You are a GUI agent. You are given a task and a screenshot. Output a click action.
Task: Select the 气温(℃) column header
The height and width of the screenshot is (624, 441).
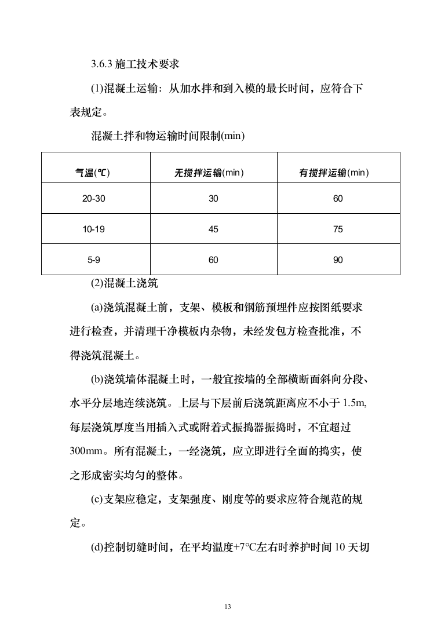point(93,173)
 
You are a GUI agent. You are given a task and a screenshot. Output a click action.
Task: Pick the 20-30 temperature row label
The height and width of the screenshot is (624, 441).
point(93,199)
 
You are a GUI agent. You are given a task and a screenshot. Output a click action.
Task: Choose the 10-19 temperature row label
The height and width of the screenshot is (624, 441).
point(93,229)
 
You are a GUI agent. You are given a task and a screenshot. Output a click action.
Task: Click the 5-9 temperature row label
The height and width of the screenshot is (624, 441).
point(93,260)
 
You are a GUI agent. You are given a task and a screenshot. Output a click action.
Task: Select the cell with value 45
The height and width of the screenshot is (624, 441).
point(213,229)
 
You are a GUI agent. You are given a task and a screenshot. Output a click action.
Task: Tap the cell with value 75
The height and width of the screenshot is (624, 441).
point(338,229)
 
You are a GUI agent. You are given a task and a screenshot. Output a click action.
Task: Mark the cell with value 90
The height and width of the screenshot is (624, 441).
point(338,260)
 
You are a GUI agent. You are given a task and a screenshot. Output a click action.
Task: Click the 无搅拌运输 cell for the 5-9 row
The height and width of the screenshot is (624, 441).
point(213,260)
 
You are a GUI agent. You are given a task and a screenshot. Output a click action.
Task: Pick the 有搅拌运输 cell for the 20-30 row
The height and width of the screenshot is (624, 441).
point(338,199)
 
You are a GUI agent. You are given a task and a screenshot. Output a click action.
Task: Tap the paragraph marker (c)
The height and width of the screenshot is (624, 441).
point(97,500)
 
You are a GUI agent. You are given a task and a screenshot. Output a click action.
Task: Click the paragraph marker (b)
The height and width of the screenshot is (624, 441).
point(97,380)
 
